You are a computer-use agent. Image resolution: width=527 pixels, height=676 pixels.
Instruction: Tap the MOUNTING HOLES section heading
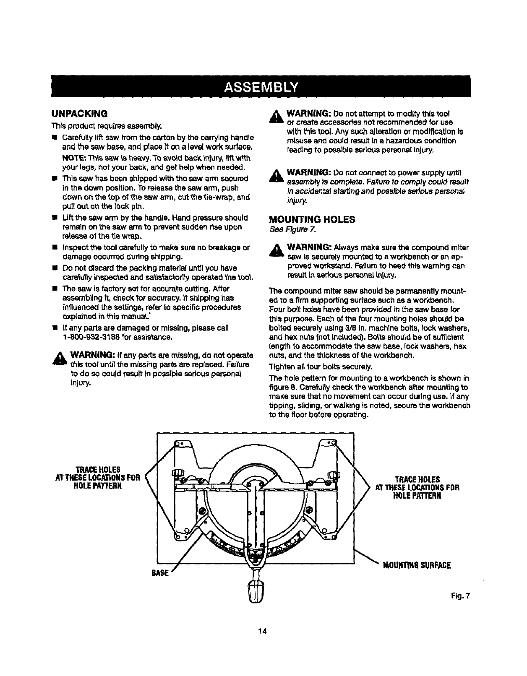[x=311, y=219]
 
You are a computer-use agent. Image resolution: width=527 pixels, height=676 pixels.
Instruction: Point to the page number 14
[x=263, y=654]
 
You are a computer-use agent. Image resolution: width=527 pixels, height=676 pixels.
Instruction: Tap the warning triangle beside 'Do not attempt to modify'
[x=277, y=118]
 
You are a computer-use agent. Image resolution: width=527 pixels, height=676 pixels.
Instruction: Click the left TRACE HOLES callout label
[x=97, y=477]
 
